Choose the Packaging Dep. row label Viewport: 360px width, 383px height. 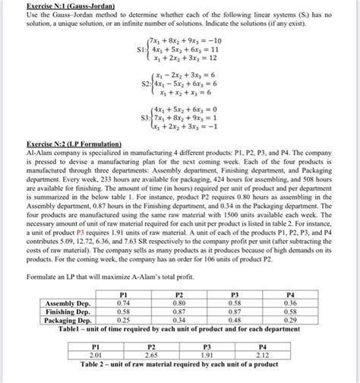65,319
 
